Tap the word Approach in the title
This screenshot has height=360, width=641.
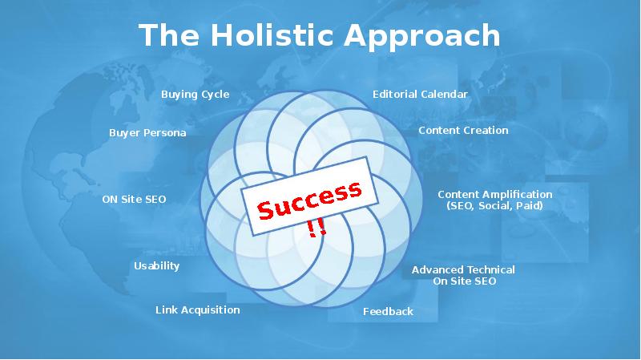[x=422, y=37]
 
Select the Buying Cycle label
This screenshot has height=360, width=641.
[x=195, y=95]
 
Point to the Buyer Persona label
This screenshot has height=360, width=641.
[x=147, y=133]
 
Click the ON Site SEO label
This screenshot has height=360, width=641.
[x=134, y=199]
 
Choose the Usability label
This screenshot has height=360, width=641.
[x=156, y=266]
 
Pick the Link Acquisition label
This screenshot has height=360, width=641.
[x=197, y=310]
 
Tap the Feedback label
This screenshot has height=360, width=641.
[x=388, y=312]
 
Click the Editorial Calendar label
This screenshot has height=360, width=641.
[x=420, y=95]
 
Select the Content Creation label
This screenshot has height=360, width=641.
[x=463, y=131]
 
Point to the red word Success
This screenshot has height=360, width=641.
[x=309, y=200]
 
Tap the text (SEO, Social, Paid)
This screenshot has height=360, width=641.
[x=494, y=206]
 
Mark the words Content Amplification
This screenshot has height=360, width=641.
[x=494, y=194]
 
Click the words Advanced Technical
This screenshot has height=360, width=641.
[x=463, y=270]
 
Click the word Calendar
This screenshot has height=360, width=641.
[x=444, y=95]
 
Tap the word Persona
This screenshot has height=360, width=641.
[x=167, y=133]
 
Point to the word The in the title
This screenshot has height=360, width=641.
[x=169, y=35]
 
